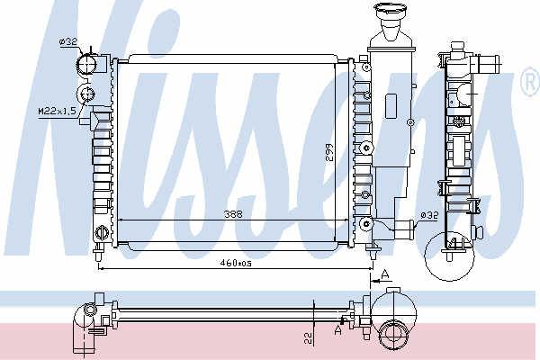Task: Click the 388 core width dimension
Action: click(233, 214)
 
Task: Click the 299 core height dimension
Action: click(330, 154)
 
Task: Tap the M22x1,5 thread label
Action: click(57, 112)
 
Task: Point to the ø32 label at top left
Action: click(67, 41)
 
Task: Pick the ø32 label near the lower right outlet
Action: click(429, 216)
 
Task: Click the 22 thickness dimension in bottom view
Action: click(309, 338)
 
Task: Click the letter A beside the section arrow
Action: click(385, 274)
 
